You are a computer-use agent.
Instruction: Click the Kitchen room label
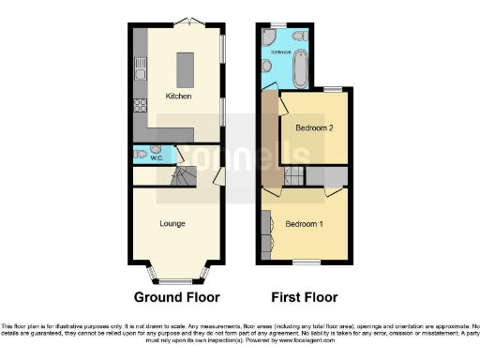pos(179,97)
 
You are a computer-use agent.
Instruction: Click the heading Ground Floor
pos(177,297)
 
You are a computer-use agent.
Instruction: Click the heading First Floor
pos(305,297)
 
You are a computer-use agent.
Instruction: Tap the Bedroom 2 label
pos(316,128)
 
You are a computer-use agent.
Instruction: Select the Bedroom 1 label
pos(305,224)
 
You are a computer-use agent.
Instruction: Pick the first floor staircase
pos(293,175)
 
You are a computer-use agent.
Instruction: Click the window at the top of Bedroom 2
pos(332,88)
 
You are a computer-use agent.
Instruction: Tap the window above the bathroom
pos(277,24)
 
